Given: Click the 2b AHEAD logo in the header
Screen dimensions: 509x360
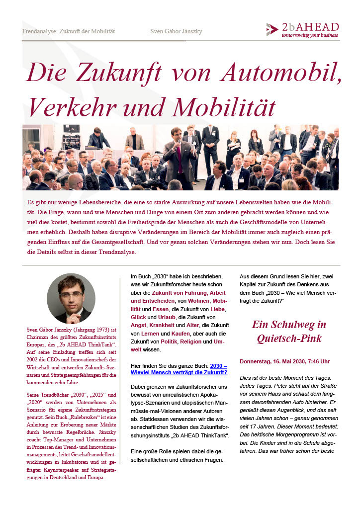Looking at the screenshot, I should click(x=302, y=30).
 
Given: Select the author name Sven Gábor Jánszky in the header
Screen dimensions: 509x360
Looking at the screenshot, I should click(x=176, y=31).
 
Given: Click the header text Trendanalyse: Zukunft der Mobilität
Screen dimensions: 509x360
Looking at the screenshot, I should click(x=68, y=31).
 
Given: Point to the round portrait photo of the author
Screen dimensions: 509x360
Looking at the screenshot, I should click(x=71, y=298).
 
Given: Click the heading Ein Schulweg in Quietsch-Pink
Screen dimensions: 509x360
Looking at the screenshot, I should click(x=289, y=332).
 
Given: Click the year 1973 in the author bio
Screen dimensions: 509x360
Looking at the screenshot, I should click(x=102, y=330).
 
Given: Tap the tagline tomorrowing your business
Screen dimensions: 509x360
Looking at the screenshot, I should click(x=309, y=36).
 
